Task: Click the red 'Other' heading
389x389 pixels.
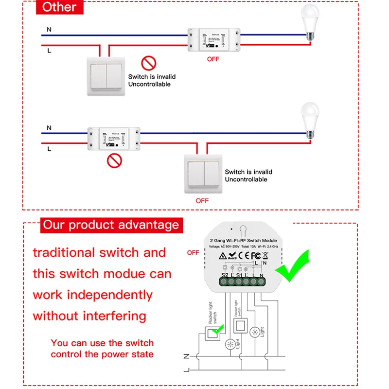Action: (x=59, y=7)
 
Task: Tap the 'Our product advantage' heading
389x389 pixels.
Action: (x=111, y=225)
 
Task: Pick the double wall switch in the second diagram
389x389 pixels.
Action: (x=202, y=173)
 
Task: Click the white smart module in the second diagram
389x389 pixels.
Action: (x=114, y=139)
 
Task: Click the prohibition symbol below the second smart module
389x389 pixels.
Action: (x=114, y=160)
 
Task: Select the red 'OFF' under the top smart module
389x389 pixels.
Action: (x=213, y=59)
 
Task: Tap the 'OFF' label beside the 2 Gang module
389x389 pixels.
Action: (x=193, y=252)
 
